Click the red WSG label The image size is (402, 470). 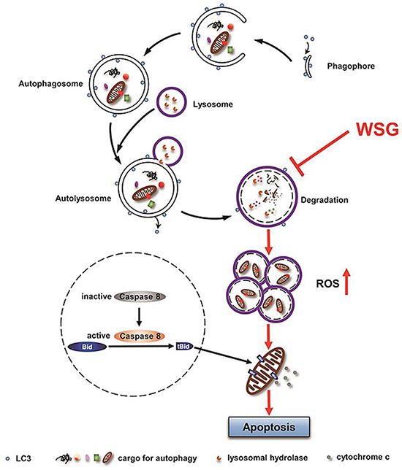(377, 129)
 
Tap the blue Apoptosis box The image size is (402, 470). (269, 427)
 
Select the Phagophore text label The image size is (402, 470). (351, 66)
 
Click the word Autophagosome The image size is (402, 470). (50, 83)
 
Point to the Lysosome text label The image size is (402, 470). (213, 104)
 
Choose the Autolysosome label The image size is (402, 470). (83, 199)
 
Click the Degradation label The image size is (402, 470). (325, 200)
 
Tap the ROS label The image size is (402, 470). (327, 283)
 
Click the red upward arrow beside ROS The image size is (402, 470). (346, 281)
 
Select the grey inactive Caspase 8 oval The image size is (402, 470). (140, 297)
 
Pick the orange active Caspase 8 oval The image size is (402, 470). (140, 336)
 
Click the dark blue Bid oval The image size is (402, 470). (88, 347)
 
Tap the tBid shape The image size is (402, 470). (184, 347)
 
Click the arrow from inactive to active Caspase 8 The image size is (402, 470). (139, 317)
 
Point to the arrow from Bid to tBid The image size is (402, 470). (142, 347)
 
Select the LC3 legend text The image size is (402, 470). (23, 458)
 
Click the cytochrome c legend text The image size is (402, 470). (363, 458)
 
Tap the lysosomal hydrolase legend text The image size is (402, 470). (268, 458)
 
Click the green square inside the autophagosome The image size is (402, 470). (127, 98)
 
